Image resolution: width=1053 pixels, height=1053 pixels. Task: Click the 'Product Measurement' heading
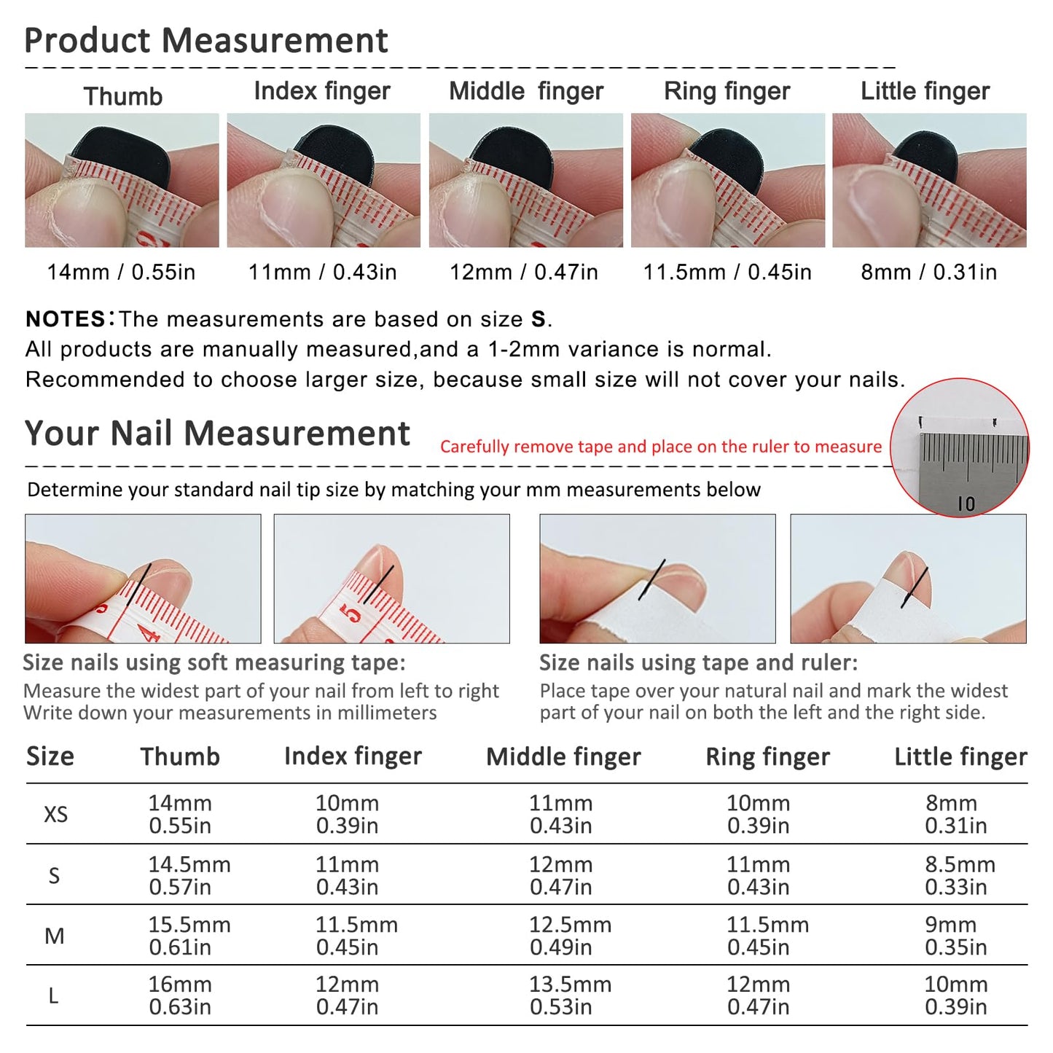tap(206, 40)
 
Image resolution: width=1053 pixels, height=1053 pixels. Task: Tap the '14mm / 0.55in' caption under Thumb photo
tap(121, 272)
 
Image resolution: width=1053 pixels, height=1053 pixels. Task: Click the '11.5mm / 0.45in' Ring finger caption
tap(727, 272)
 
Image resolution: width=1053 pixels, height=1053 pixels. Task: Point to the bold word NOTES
tap(66, 318)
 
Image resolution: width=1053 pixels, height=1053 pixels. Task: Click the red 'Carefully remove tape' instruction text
tap(661, 447)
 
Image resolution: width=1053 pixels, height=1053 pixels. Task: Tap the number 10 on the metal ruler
tap(966, 504)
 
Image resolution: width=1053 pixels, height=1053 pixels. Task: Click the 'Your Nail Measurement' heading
tap(217, 434)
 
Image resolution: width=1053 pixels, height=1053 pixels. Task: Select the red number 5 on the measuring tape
tap(352, 614)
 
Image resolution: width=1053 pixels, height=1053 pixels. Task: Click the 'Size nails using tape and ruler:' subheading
tap(698, 662)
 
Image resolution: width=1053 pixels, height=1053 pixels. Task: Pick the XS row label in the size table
tap(55, 814)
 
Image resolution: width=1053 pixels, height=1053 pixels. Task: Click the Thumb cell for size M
tap(189, 936)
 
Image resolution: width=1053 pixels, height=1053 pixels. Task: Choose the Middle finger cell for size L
tap(570, 995)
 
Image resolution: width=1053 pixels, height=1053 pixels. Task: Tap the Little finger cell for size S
tap(960, 875)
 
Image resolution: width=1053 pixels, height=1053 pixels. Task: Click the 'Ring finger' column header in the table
tap(767, 757)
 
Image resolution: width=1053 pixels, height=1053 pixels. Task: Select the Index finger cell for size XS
tap(347, 814)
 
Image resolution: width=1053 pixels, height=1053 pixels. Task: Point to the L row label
tap(53, 995)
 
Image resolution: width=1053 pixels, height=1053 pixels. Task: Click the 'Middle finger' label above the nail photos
tap(525, 91)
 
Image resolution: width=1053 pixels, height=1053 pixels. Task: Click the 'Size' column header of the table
tap(50, 757)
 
